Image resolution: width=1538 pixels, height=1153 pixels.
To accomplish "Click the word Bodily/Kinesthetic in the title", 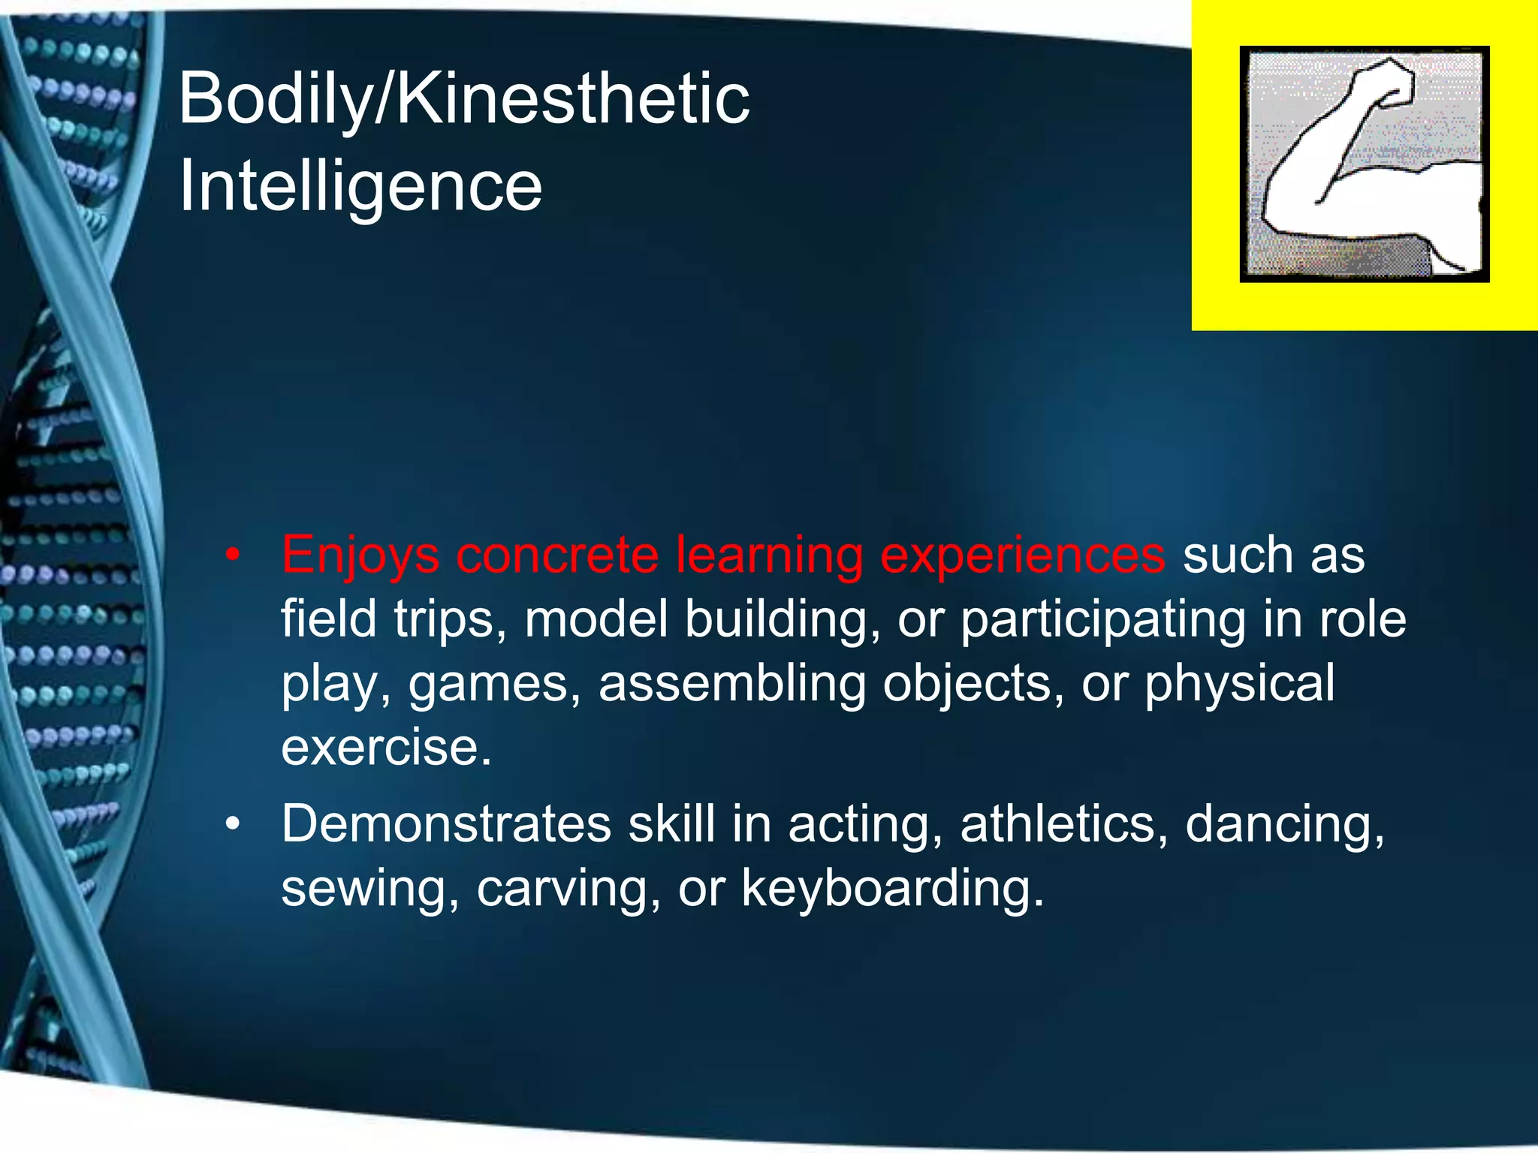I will [x=463, y=99].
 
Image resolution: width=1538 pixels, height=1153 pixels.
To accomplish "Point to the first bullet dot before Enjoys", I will [x=234, y=556].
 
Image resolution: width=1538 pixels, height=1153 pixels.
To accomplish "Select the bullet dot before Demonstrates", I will [x=234, y=825].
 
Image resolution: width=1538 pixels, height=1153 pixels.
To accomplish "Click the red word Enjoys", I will [x=360, y=556].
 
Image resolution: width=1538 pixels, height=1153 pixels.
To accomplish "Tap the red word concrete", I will [x=556, y=556].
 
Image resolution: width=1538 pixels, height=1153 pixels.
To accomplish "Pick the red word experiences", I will [x=1022, y=556].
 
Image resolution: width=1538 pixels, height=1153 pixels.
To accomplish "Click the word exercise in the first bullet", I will [x=386, y=748].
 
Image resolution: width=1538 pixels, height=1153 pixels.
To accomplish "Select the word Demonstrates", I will [x=446, y=825].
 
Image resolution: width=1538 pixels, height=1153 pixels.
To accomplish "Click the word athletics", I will [x=1064, y=825].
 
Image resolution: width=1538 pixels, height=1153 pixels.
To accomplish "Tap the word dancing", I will [x=1284, y=825].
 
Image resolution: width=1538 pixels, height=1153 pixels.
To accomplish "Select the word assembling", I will [x=732, y=684].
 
